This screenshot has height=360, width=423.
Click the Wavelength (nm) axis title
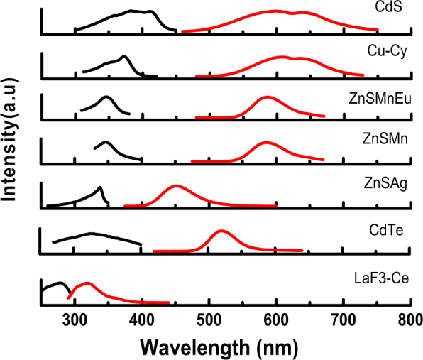click(x=216, y=347)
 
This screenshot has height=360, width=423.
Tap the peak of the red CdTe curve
click(x=221, y=231)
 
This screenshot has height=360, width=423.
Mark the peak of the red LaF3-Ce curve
click(x=86, y=283)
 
